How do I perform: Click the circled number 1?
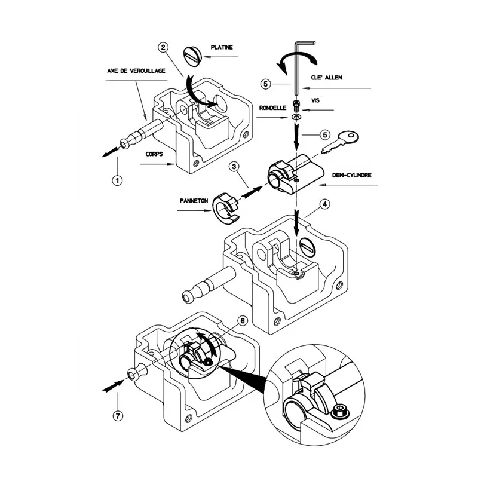(x=117, y=179)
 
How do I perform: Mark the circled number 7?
(x=117, y=415)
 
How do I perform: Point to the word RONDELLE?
(x=272, y=108)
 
